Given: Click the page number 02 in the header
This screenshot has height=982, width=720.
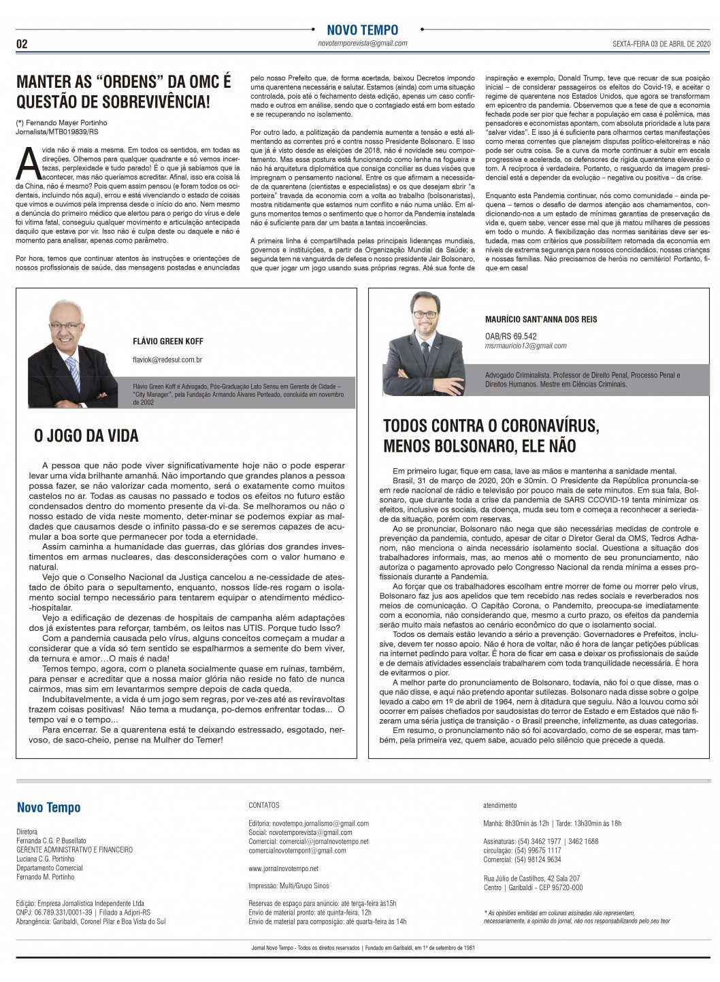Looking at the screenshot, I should click(x=22, y=44).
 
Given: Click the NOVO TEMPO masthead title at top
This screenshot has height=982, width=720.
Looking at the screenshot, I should click(x=362, y=30).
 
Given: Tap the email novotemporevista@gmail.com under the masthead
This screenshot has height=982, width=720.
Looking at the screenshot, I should click(x=362, y=43).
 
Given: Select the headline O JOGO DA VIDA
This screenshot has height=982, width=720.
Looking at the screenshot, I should click(x=86, y=435).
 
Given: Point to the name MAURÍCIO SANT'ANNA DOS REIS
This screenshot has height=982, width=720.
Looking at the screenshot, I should click(x=541, y=318).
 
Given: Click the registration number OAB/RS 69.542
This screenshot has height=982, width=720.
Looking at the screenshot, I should click(x=510, y=335).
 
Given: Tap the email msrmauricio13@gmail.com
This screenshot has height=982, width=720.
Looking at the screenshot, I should click(x=525, y=346).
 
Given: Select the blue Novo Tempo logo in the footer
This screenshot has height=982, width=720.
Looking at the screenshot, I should click(x=48, y=808).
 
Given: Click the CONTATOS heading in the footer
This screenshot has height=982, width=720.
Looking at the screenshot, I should click(x=264, y=805).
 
